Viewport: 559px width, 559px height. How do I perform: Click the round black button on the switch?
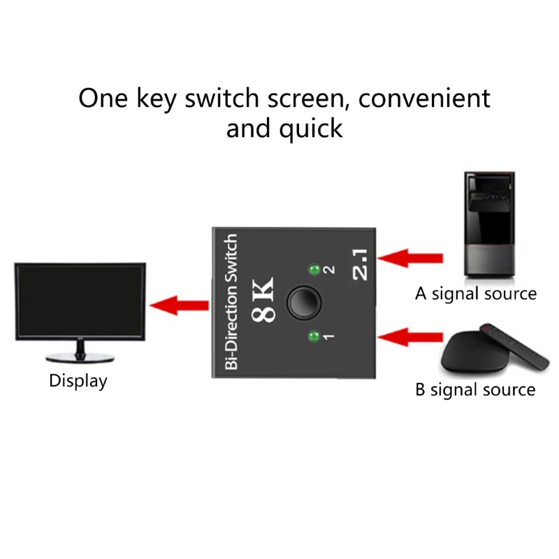click(304, 303)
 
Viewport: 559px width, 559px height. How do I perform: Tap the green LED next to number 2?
click(314, 270)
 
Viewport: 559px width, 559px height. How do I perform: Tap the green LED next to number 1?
click(314, 336)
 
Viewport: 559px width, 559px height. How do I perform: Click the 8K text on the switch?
click(263, 300)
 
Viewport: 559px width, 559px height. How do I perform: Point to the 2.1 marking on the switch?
click(360, 264)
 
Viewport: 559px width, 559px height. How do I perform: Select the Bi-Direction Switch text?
click(231, 302)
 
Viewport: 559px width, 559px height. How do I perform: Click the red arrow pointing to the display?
click(179, 305)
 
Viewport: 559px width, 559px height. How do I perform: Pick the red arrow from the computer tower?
click(410, 258)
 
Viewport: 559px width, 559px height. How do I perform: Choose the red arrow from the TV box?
click(410, 337)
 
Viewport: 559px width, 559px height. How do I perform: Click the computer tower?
click(490, 224)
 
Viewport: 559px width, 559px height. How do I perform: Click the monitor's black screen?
click(80, 301)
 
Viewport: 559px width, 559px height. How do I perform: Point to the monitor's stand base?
click(80, 358)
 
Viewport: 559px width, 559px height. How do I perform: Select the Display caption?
click(78, 381)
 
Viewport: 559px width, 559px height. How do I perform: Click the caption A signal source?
click(476, 294)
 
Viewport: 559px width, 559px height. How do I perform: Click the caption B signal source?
click(475, 390)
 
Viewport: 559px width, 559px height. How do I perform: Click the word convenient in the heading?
click(424, 98)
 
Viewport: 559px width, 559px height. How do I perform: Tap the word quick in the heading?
click(311, 129)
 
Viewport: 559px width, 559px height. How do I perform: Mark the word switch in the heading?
click(222, 98)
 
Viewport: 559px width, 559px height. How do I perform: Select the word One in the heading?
click(103, 98)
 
